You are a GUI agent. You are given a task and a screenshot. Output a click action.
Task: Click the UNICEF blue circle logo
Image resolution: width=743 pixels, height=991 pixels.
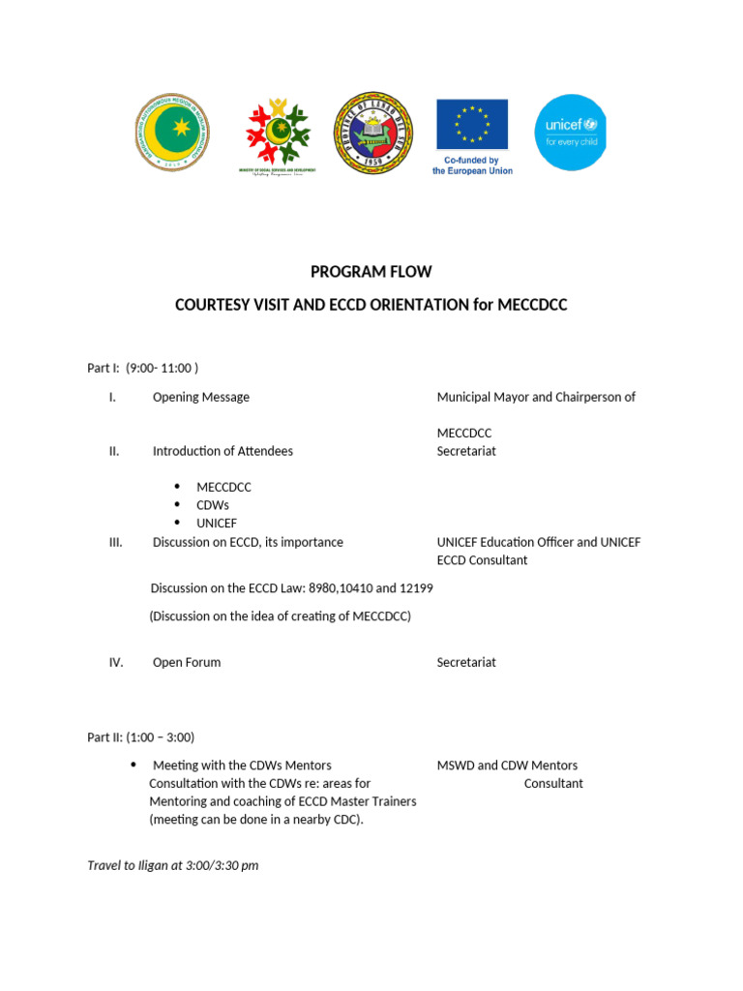571,132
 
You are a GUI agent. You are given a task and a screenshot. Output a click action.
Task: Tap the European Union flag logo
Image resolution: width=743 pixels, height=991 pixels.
472,123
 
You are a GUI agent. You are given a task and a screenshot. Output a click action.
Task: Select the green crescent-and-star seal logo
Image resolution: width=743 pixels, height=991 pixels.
171,133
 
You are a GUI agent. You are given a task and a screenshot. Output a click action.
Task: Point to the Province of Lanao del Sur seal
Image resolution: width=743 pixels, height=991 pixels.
373,133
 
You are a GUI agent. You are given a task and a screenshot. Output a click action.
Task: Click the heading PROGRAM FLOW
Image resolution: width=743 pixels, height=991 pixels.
371,272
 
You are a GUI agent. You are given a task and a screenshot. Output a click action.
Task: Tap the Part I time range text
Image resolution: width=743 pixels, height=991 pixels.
162,368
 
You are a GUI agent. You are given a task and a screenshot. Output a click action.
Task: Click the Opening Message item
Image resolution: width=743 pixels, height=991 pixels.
200,397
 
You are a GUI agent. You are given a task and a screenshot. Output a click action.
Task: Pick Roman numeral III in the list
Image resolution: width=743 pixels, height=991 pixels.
115,542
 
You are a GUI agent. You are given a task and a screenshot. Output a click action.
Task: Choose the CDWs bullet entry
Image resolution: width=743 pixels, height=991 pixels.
213,505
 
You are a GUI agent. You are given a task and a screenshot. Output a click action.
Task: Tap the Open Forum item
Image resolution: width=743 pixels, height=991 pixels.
187,662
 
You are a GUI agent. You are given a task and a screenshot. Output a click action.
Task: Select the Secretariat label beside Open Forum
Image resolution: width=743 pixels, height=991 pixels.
466,662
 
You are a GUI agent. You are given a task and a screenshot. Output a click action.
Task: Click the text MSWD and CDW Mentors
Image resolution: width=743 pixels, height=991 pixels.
507,766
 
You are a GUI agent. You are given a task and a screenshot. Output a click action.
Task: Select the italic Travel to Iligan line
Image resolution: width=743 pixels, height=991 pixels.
173,865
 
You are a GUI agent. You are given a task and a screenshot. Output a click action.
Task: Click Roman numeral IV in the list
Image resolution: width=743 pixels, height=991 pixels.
116,662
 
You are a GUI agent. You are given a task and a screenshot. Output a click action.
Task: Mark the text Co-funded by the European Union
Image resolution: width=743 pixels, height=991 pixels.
472,165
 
